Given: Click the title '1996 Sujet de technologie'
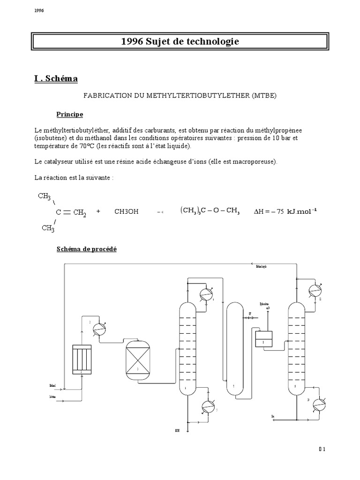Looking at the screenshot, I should point(180,42).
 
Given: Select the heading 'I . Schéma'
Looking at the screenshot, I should point(56,79).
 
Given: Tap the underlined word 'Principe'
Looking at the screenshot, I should point(70,114).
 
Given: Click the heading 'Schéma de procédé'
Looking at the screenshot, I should point(86,249).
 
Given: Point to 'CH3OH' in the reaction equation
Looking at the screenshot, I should point(127,211).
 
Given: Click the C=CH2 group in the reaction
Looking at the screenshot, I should point(71,212).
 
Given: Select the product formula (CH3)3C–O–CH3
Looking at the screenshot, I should point(210,211).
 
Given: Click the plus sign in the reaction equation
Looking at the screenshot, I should point(98,211).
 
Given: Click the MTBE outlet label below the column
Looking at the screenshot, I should point(177,430).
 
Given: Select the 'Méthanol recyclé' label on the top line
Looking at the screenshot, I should point(261,267).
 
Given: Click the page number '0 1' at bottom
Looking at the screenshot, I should point(322,449).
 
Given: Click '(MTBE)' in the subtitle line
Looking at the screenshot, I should point(264,96).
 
